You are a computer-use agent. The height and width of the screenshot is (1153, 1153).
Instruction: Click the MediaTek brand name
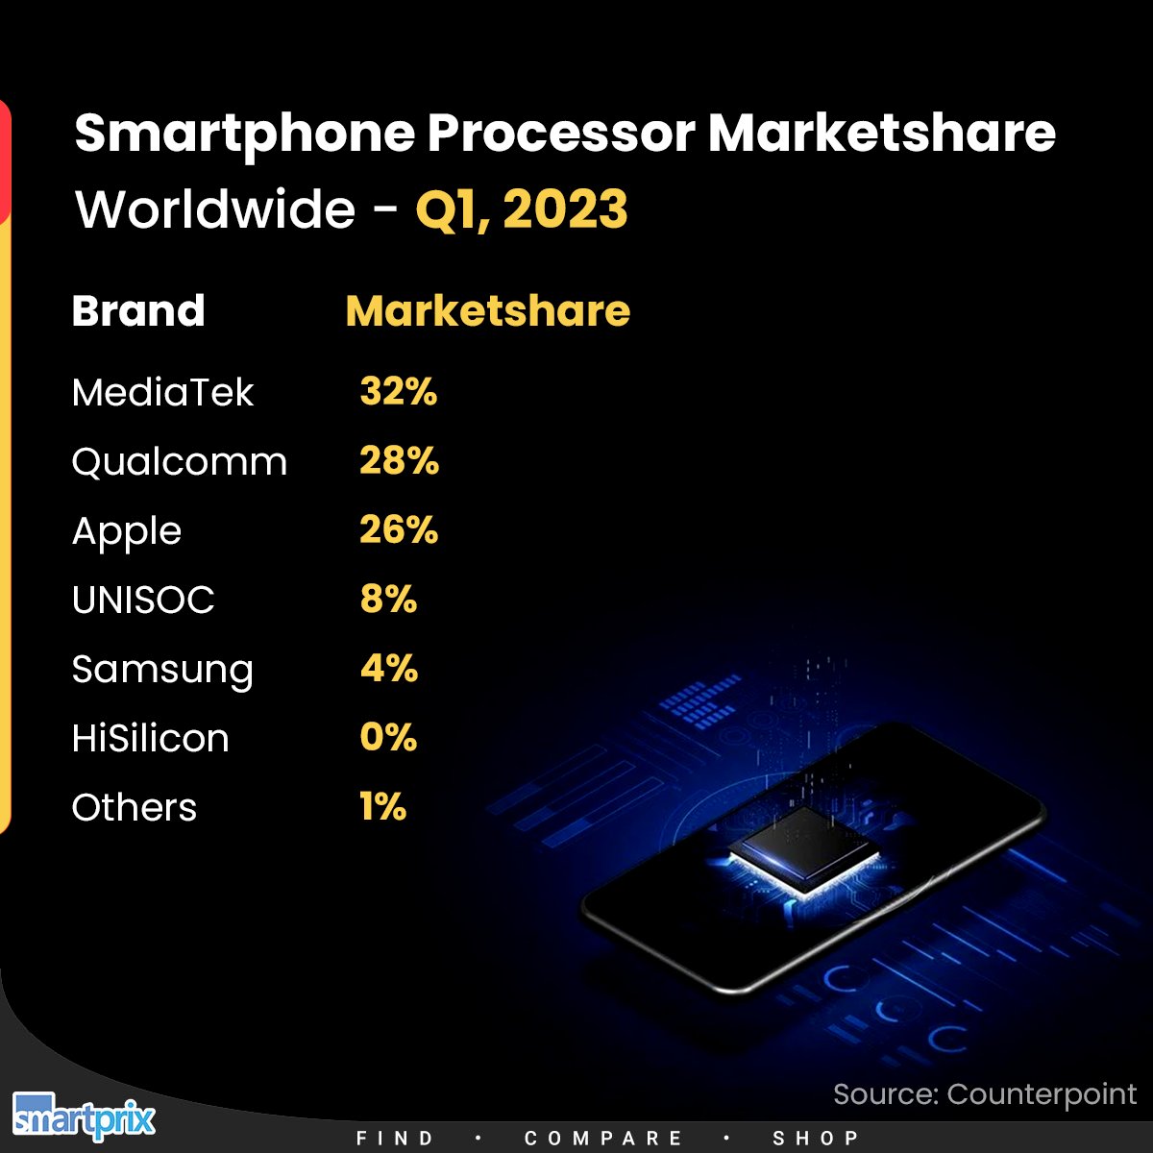tap(162, 392)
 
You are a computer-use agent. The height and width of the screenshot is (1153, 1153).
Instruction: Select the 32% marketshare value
tap(398, 392)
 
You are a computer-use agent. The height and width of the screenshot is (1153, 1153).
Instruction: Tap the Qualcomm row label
tap(180, 462)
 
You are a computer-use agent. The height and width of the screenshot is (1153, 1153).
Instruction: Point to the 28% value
tap(399, 461)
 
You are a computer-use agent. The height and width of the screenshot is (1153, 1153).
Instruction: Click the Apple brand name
tap(127, 532)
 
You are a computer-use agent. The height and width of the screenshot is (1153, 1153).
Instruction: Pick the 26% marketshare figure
tap(399, 530)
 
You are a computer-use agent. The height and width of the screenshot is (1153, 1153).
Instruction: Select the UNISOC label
tap(143, 601)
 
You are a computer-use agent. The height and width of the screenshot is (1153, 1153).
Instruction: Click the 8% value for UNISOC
tap(388, 600)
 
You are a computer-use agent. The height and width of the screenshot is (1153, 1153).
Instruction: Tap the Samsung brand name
tap(162, 671)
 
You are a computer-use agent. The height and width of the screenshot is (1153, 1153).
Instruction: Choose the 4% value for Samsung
tap(389, 669)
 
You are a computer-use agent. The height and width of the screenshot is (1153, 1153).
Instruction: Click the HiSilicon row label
tap(151, 739)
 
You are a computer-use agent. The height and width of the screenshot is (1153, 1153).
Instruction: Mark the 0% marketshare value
tap(388, 738)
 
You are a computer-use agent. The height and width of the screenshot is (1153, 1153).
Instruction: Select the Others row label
tap(135, 808)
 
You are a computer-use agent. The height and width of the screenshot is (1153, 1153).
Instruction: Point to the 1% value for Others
tap(382, 807)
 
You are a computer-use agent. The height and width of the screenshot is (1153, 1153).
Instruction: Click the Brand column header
tap(138, 311)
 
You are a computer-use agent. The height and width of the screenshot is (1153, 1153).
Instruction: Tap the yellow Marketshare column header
tap(487, 311)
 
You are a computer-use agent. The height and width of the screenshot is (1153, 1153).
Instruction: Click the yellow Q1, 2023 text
tap(522, 209)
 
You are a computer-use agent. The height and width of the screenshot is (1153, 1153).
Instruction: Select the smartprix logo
tap(84, 1117)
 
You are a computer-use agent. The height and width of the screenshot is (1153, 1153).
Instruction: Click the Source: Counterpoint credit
tap(985, 1094)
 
